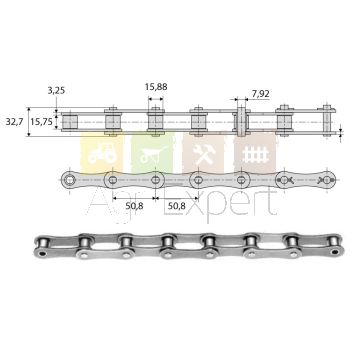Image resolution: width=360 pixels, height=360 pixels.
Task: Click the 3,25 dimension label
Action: coord(56,91)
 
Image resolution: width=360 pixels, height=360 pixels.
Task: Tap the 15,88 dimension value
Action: coord(156,87)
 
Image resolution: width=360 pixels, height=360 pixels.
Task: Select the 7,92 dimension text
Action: coord(261,94)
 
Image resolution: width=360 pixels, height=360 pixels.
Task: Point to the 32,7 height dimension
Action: coord(14,122)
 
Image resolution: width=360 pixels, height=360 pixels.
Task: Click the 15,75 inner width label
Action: coord(41,122)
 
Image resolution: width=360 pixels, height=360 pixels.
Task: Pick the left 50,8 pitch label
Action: coord(134,206)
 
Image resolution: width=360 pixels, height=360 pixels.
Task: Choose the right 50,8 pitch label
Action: coord(176,206)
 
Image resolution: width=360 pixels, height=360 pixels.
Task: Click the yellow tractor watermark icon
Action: coord(102,154)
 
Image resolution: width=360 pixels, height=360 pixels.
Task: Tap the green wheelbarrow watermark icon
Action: coord(153,154)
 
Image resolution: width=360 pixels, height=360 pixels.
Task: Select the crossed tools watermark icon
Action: coord(204,154)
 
